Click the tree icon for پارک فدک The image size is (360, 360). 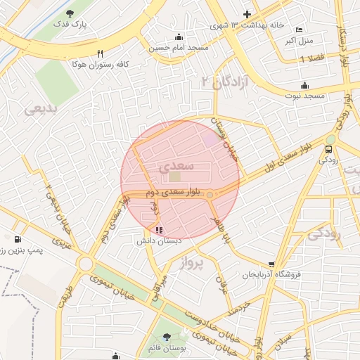coord(69,13)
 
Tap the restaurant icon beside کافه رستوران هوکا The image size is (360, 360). coord(101,53)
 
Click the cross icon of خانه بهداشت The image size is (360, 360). coord(247,14)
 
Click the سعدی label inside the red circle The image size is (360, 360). coord(173,167)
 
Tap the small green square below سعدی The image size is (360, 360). coord(174,176)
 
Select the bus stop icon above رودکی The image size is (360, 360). coord(329,149)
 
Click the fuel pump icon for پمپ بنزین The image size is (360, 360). coord(17,239)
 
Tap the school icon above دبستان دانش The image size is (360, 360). coord(159,229)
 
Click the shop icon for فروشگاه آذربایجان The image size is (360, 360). coord(271,264)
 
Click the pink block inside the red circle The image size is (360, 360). coord(211,139)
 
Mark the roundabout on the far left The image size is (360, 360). coord(86,264)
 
